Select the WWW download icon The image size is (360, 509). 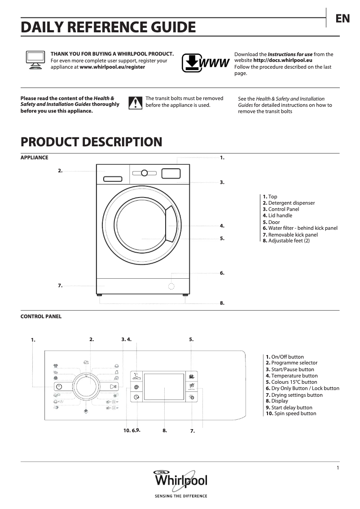click(x=206, y=63)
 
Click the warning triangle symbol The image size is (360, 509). click(x=135, y=103)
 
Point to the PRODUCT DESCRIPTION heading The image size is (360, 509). click(x=91, y=142)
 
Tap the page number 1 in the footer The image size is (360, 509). click(x=337, y=468)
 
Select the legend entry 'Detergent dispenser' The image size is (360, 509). click(x=291, y=203)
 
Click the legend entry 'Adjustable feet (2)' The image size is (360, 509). click(x=289, y=241)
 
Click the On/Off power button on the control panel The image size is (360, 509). click(x=59, y=387)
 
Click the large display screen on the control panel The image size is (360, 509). click(x=164, y=389)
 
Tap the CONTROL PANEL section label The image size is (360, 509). click(x=41, y=316)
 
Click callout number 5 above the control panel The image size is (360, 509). click(x=191, y=339)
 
